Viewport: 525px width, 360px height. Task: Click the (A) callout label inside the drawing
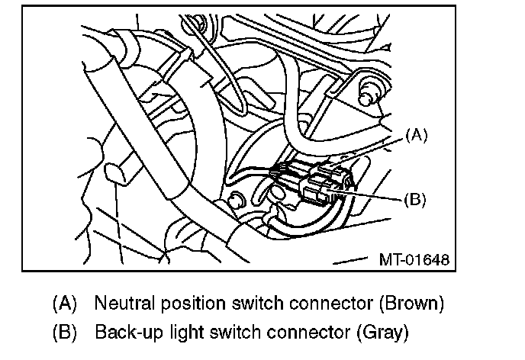pyautogui.click(x=417, y=136)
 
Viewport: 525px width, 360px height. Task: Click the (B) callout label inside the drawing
pyautogui.click(x=413, y=200)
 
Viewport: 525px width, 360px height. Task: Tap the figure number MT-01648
pyautogui.click(x=412, y=260)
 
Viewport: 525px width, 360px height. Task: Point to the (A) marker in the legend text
pyautogui.click(x=64, y=304)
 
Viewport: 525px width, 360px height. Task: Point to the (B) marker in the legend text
pyautogui.click(x=64, y=333)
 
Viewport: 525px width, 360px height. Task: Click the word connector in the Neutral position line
pyautogui.click(x=319, y=304)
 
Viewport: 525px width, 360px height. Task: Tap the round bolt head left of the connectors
pyautogui.click(x=236, y=201)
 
